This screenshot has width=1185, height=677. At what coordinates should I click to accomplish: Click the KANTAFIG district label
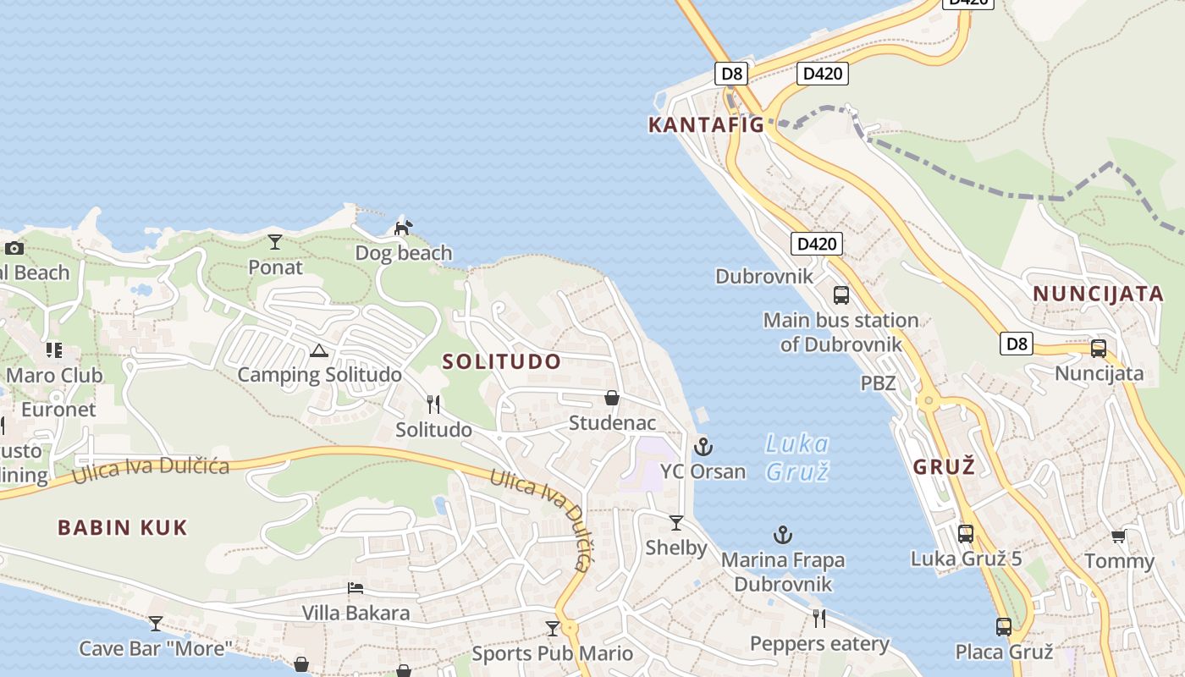coord(706,125)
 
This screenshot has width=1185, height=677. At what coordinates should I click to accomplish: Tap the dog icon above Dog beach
coord(404,228)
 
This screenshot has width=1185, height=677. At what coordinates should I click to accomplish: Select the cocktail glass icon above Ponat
coord(275,242)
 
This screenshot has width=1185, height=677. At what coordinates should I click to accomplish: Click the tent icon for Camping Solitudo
coord(318,350)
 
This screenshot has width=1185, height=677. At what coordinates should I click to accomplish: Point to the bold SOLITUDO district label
coord(502,361)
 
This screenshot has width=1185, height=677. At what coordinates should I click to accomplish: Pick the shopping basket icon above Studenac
coord(612,398)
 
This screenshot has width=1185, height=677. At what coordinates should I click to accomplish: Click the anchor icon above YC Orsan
coord(703,446)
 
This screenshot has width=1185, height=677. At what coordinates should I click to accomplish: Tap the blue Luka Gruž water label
coord(796,457)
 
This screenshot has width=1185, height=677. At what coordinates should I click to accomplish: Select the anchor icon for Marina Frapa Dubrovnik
coord(783,535)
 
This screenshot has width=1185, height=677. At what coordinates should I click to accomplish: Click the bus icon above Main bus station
coord(841,295)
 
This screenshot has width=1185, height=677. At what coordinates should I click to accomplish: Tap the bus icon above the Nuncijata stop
coord(1099,349)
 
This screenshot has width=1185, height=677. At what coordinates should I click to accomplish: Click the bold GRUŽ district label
coord(945,466)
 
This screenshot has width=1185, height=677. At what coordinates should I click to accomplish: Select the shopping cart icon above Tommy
coord(1119,537)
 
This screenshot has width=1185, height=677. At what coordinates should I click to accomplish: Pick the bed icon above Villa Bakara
coord(355,588)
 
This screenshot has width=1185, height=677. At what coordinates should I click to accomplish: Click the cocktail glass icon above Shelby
coord(676,523)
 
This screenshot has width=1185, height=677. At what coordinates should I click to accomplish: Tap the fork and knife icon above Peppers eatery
coord(819,619)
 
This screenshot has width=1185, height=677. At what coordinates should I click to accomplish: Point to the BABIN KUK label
coord(123,528)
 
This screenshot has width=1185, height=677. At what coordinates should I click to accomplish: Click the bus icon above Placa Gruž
coord(1004,627)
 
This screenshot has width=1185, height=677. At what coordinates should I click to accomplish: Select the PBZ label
coord(878,383)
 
